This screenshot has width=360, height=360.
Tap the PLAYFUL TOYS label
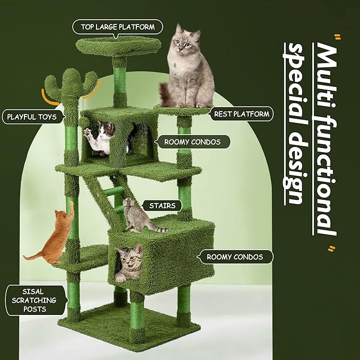pos(33,117)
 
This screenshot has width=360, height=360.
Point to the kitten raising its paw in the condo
pos(104,137)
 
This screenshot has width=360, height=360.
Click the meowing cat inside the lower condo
pos(128,261)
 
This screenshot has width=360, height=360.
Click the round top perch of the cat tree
pos(118,46)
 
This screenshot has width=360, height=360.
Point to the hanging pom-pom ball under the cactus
pos(85,120)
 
